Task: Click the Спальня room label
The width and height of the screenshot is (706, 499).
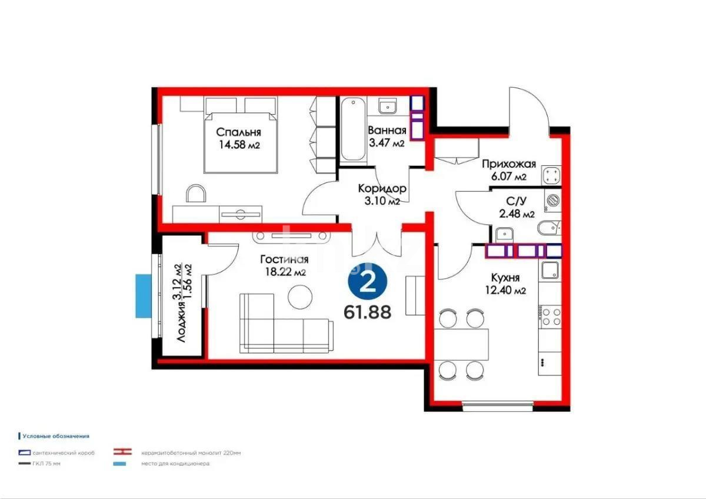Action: tap(238, 132)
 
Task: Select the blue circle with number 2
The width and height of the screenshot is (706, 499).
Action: tap(368, 284)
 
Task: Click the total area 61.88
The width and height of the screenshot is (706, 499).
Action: tap(368, 311)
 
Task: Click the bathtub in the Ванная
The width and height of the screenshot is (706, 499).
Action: tap(353, 130)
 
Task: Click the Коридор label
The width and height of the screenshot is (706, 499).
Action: tap(382, 189)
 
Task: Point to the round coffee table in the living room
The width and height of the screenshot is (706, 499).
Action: tap(302, 296)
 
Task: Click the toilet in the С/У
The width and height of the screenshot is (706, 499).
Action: tap(550, 227)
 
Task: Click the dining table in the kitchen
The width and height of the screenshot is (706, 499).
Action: tap(462, 344)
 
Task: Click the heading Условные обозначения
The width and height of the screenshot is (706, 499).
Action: tap(55, 436)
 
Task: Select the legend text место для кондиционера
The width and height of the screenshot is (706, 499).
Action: tap(175, 464)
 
